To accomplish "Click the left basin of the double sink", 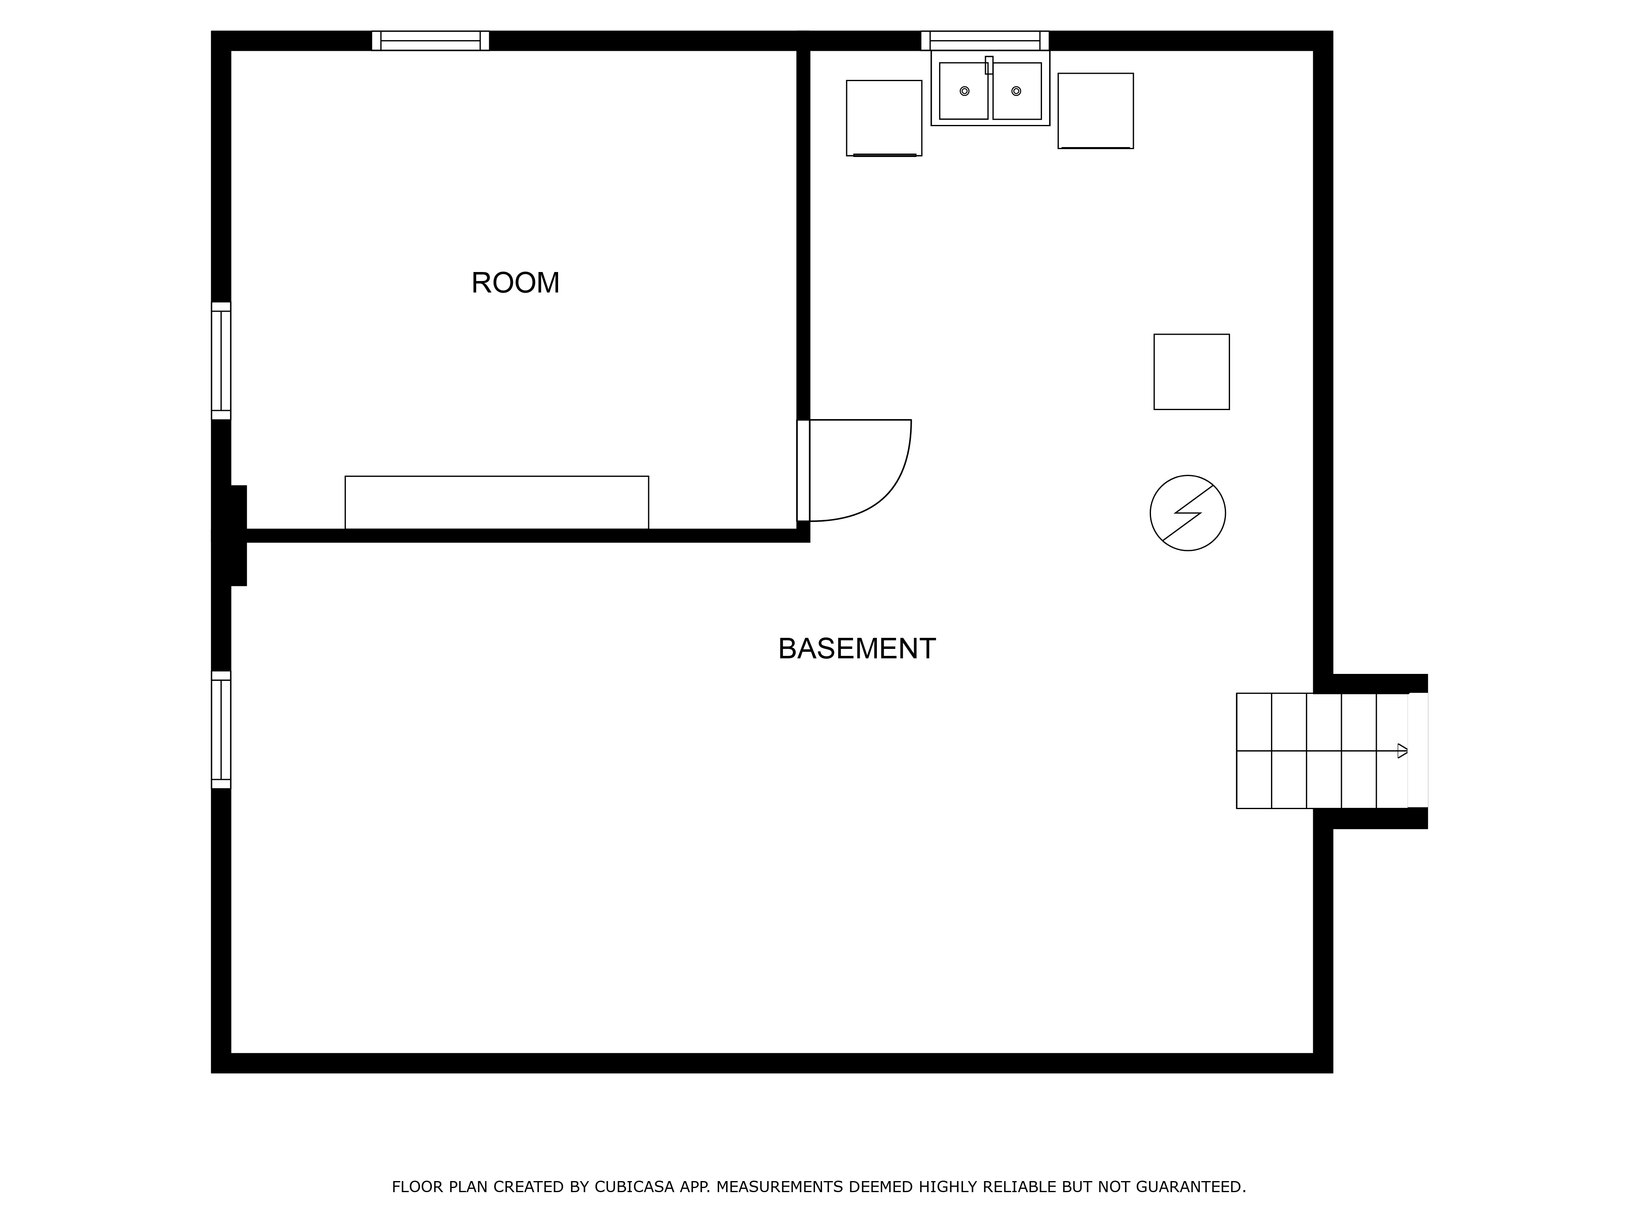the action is [963, 91].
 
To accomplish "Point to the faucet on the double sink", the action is [989, 65].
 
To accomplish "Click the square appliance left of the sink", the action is [884, 118].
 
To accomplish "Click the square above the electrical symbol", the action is [1192, 372].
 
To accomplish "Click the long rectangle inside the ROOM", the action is [497, 502].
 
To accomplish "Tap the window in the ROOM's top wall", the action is [431, 41].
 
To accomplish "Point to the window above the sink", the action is [985, 41].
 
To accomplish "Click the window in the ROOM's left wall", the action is [221, 361].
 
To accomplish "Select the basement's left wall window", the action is [221, 730].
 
